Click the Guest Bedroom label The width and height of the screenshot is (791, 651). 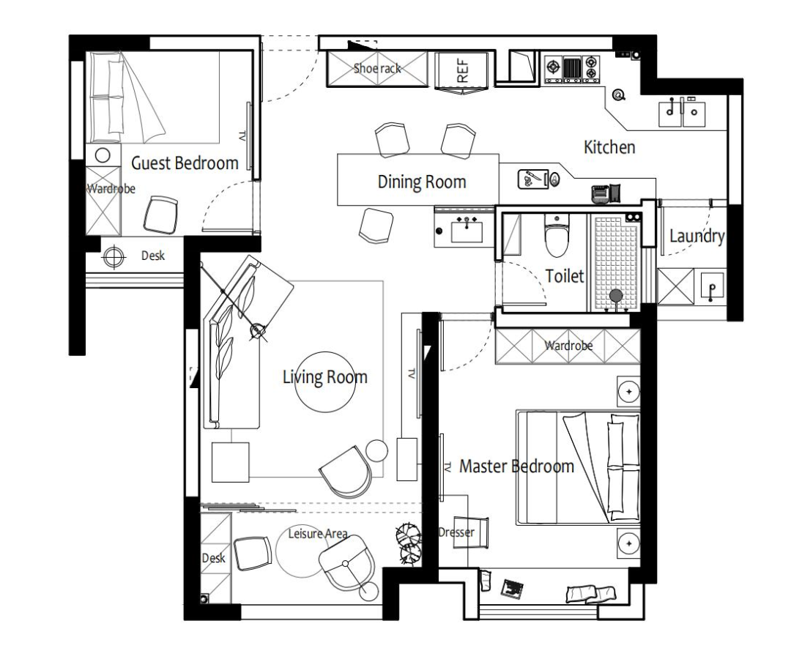[x=185, y=163]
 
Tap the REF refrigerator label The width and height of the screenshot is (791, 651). [x=463, y=70]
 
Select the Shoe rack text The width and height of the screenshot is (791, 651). [x=377, y=68]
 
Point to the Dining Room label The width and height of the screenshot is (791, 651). [x=422, y=182]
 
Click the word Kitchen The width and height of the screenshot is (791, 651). [x=609, y=147]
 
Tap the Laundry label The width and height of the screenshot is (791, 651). [x=697, y=236]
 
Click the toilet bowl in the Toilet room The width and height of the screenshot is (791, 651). [x=557, y=236]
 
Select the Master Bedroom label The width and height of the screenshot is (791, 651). [x=516, y=466]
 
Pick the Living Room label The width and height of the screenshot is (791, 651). [x=324, y=377]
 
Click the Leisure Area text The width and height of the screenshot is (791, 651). [x=317, y=534]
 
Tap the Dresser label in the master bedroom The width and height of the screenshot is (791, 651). [x=456, y=532]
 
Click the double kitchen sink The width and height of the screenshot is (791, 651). [x=682, y=114]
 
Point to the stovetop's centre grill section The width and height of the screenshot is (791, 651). [x=572, y=69]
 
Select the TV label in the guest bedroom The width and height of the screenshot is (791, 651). [x=242, y=136]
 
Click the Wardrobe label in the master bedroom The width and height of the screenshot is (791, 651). [x=568, y=346]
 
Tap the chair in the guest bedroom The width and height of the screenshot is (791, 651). [x=161, y=215]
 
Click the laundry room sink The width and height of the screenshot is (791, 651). [x=711, y=286]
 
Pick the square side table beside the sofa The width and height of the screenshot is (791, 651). [x=231, y=462]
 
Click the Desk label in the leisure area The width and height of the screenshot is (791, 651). [x=213, y=558]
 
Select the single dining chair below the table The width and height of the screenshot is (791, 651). [x=376, y=226]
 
